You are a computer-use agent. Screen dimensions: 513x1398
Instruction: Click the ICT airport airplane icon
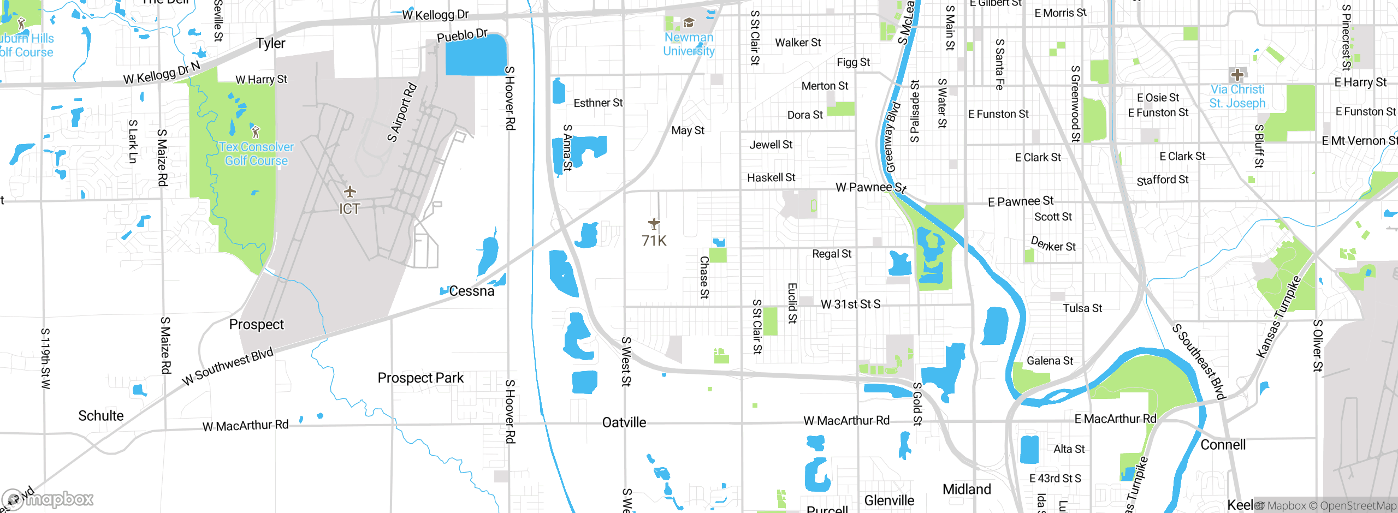coord(350,192)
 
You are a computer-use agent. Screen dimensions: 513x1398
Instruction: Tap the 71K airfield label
coord(654,241)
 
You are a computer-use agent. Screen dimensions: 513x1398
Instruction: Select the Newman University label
coord(689,44)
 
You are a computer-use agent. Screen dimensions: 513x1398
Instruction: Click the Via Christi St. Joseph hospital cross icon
coord(1237,75)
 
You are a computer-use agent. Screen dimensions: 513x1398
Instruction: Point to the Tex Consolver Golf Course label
coord(256,154)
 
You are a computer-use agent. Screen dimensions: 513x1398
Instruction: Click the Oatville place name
coord(624,422)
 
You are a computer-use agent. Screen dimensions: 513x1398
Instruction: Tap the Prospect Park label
coord(420,378)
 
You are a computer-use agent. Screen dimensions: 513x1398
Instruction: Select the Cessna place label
coord(471,291)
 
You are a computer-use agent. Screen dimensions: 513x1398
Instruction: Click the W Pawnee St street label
coord(870,187)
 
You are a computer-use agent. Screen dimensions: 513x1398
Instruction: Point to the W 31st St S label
coord(850,304)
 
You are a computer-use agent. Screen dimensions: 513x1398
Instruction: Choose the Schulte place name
coord(100,415)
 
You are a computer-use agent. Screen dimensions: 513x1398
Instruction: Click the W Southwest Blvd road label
coord(228,366)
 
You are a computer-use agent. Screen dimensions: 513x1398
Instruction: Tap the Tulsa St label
coord(1082,308)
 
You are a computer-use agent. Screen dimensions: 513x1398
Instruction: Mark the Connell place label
coord(1223,445)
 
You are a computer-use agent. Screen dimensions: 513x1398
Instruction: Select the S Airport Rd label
coord(402,112)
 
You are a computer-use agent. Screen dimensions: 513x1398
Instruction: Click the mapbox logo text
coord(60,499)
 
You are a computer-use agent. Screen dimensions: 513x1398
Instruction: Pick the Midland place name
coord(967,489)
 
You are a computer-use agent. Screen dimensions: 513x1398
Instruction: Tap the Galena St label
coord(1050,361)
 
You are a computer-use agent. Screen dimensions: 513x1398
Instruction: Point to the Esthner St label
coord(598,103)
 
